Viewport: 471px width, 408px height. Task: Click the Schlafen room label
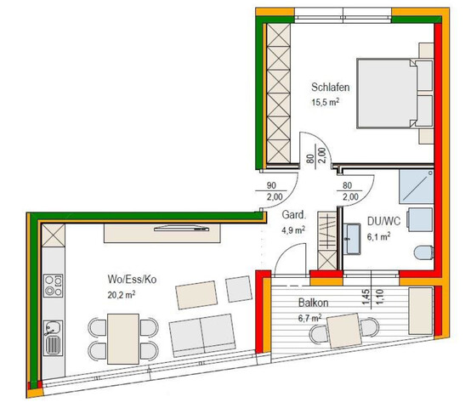tap(332, 88)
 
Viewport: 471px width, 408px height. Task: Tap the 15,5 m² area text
tap(328, 103)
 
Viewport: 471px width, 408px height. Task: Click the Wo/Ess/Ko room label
tap(132, 280)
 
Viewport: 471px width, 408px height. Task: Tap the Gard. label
tap(293, 215)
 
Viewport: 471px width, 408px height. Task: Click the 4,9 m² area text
tap(293, 229)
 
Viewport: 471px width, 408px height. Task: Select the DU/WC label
tap(379, 222)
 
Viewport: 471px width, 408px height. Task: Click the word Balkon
tap(314, 303)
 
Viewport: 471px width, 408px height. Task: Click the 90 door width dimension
tap(272, 185)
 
